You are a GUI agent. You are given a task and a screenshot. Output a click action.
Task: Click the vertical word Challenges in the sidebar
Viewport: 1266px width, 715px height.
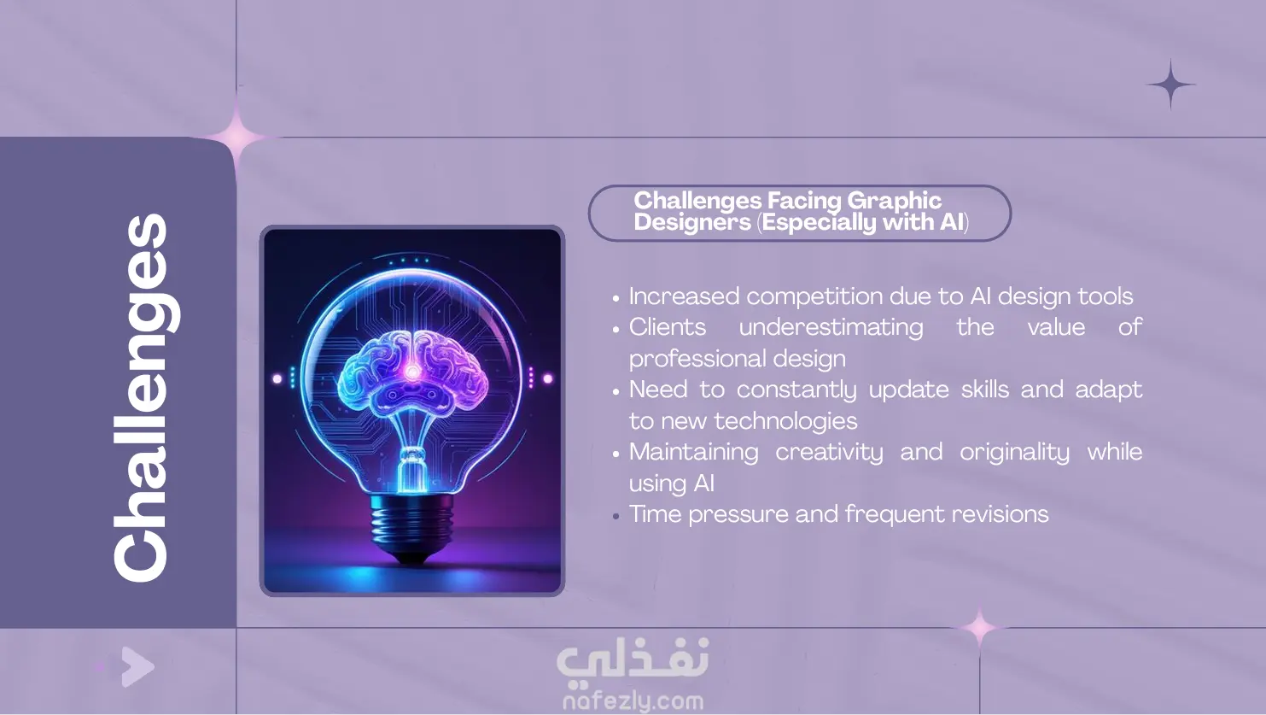pyautogui.click(x=146, y=398)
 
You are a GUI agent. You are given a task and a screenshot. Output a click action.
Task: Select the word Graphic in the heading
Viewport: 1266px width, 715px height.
pyautogui.click(x=894, y=202)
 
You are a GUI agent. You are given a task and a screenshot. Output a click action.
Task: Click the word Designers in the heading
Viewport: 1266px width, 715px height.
pyautogui.click(x=692, y=222)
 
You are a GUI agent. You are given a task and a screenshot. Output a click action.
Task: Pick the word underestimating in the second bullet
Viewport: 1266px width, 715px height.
pyautogui.click(x=831, y=327)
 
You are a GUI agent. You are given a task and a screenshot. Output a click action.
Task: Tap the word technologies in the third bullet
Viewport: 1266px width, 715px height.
pyautogui.click(x=785, y=421)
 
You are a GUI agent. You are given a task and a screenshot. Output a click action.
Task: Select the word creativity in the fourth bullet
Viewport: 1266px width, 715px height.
pyautogui.click(x=829, y=453)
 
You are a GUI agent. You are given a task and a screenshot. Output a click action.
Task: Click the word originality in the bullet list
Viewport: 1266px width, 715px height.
pyautogui.click(x=1014, y=453)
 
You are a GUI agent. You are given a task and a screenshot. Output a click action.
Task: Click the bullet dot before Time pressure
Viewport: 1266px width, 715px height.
pyautogui.click(x=616, y=516)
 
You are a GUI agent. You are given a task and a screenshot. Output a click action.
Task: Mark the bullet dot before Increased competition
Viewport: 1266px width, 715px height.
pyautogui.click(x=616, y=298)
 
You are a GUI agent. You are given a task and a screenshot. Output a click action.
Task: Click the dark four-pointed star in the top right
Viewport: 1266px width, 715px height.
pyautogui.click(x=1170, y=85)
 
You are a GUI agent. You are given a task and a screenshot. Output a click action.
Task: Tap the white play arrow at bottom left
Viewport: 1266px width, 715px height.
pyautogui.click(x=137, y=667)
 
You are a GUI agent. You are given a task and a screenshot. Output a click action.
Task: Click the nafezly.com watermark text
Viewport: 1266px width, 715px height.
pyautogui.click(x=633, y=701)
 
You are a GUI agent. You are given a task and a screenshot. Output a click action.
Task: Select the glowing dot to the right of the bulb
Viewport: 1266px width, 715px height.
pyautogui.click(x=548, y=378)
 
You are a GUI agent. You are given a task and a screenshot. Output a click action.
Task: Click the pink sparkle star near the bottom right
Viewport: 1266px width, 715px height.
pyautogui.click(x=979, y=628)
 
